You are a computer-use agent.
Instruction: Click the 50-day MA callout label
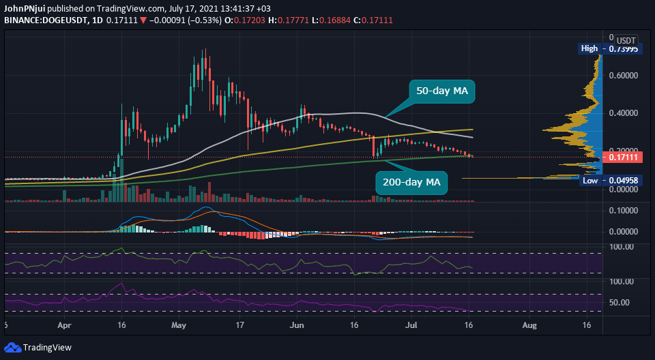click(x=441, y=91)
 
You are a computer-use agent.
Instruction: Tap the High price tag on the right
click(x=589, y=48)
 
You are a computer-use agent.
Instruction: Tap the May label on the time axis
click(x=179, y=327)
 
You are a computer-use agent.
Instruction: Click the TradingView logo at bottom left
click(x=40, y=348)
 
